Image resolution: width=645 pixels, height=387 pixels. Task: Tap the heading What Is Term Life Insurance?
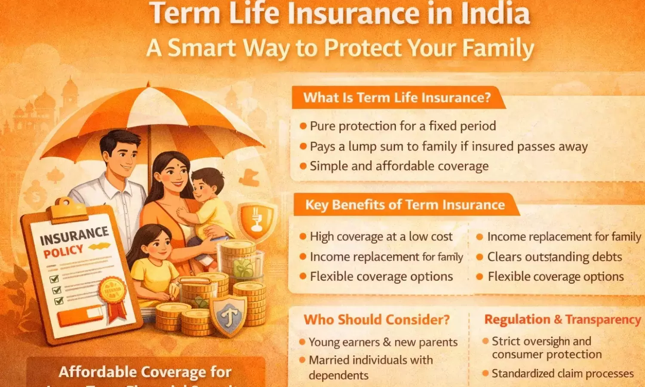click(397, 98)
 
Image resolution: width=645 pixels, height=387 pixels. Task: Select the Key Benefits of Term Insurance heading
click(405, 205)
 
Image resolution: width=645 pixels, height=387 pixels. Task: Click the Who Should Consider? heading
click(376, 319)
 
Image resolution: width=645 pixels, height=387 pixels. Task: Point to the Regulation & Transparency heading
click(562, 319)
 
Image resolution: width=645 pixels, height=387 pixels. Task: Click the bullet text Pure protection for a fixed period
click(403, 126)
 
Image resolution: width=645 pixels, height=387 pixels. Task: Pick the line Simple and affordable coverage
click(399, 166)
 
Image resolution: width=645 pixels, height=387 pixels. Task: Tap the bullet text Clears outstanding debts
click(554, 257)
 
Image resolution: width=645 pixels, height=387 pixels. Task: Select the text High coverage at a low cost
click(381, 236)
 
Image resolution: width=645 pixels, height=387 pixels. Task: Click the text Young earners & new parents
click(383, 342)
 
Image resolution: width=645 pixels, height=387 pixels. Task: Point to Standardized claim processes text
click(562, 373)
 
